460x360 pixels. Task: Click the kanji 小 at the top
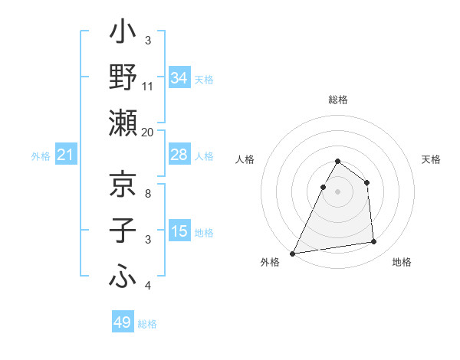(x=123, y=34)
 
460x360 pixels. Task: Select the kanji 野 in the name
(x=123, y=78)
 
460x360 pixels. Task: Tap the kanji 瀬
(x=123, y=124)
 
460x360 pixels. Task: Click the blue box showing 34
(x=179, y=78)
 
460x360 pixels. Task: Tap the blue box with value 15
(x=179, y=231)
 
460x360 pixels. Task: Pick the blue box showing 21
(x=66, y=155)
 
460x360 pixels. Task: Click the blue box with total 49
(x=123, y=323)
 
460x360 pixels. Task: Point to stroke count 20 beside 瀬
(x=148, y=133)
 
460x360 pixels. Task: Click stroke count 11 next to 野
(x=148, y=87)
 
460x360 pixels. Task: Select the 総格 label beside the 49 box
(x=147, y=324)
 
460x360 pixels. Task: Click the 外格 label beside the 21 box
(x=41, y=156)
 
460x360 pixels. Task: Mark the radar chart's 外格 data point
(x=292, y=254)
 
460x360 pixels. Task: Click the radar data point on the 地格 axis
(x=374, y=242)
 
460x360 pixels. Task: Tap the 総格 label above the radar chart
(x=337, y=100)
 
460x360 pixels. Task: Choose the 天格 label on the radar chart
(x=431, y=159)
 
